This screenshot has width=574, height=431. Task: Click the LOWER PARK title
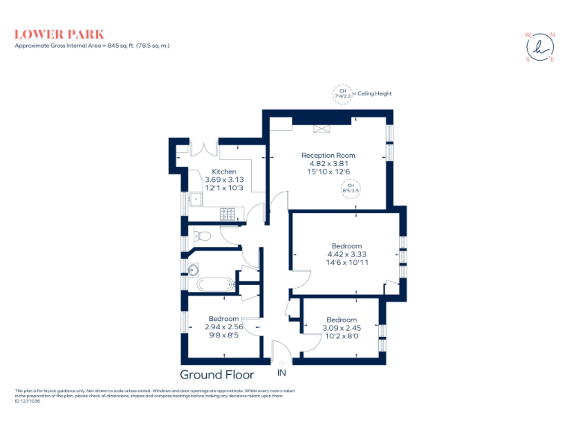click(x=59, y=34)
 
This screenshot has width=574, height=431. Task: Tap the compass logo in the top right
click(x=540, y=46)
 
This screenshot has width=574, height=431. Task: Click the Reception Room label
click(x=323, y=155)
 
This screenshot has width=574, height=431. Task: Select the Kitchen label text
click(x=224, y=172)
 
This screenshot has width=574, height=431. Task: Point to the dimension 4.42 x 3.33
click(x=347, y=254)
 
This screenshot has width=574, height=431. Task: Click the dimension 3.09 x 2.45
click(x=341, y=328)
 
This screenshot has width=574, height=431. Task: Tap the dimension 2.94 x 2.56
click(x=223, y=327)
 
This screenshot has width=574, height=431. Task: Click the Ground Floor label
click(x=217, y=375)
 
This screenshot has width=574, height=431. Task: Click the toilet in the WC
click(x=204, y=236)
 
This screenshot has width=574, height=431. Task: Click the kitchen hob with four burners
click(x=229, y=214)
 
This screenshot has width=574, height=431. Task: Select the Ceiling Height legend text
click(x=374, y=94)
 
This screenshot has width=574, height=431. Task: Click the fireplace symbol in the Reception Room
click(x=323, y=128)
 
